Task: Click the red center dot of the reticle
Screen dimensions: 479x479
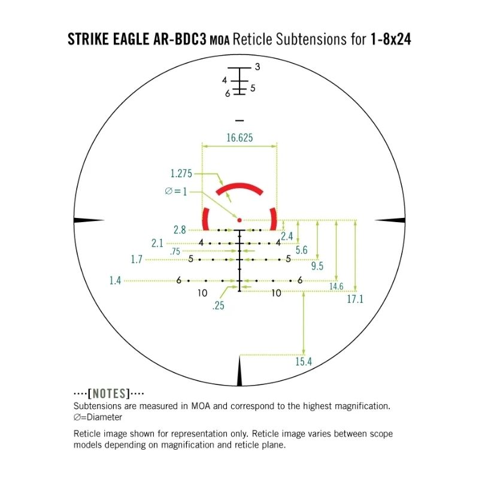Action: pos(239,220)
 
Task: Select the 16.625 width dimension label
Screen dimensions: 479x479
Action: pos(239,138)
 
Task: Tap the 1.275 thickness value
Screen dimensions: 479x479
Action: pos(181,174)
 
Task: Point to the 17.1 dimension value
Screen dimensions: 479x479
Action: pos(355,299)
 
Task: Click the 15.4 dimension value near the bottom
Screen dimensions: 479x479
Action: pos(304,362)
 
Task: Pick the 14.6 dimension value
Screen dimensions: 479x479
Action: pos(336,286)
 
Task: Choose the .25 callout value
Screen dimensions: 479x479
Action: pos(218,305)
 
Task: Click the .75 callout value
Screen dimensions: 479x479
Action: pos(175,251)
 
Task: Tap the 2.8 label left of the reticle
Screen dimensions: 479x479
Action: pos(180,230)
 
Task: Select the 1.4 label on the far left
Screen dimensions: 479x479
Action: pos(115,280)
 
